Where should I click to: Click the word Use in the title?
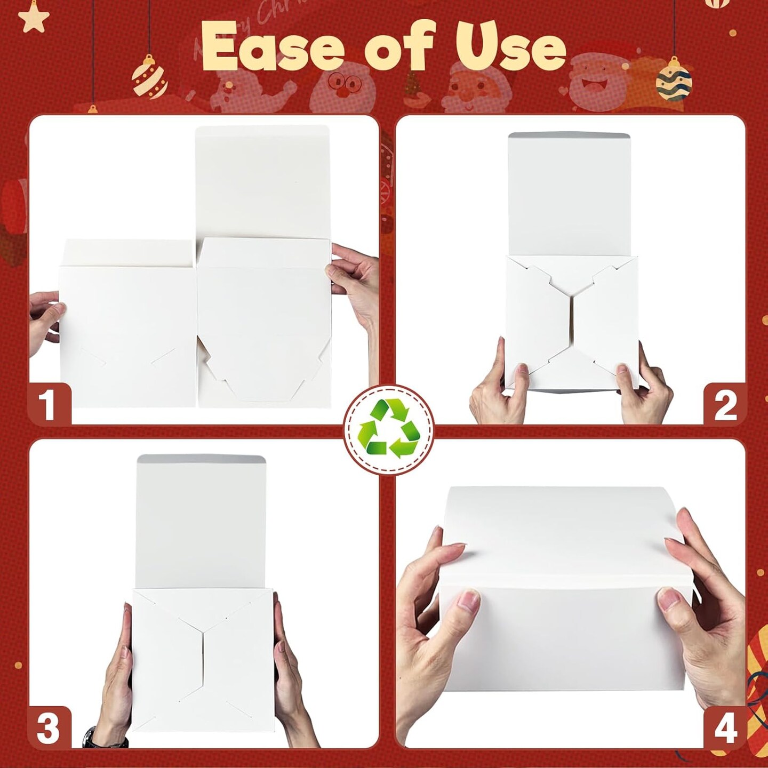tap(510, 47)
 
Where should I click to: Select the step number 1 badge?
tap(49, 404)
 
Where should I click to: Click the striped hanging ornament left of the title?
tap(150, 79)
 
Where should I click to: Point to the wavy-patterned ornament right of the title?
tap(674, 82)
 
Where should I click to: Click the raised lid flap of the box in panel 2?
tap(569, 195)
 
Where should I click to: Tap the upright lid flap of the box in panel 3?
tap(201, 520)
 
